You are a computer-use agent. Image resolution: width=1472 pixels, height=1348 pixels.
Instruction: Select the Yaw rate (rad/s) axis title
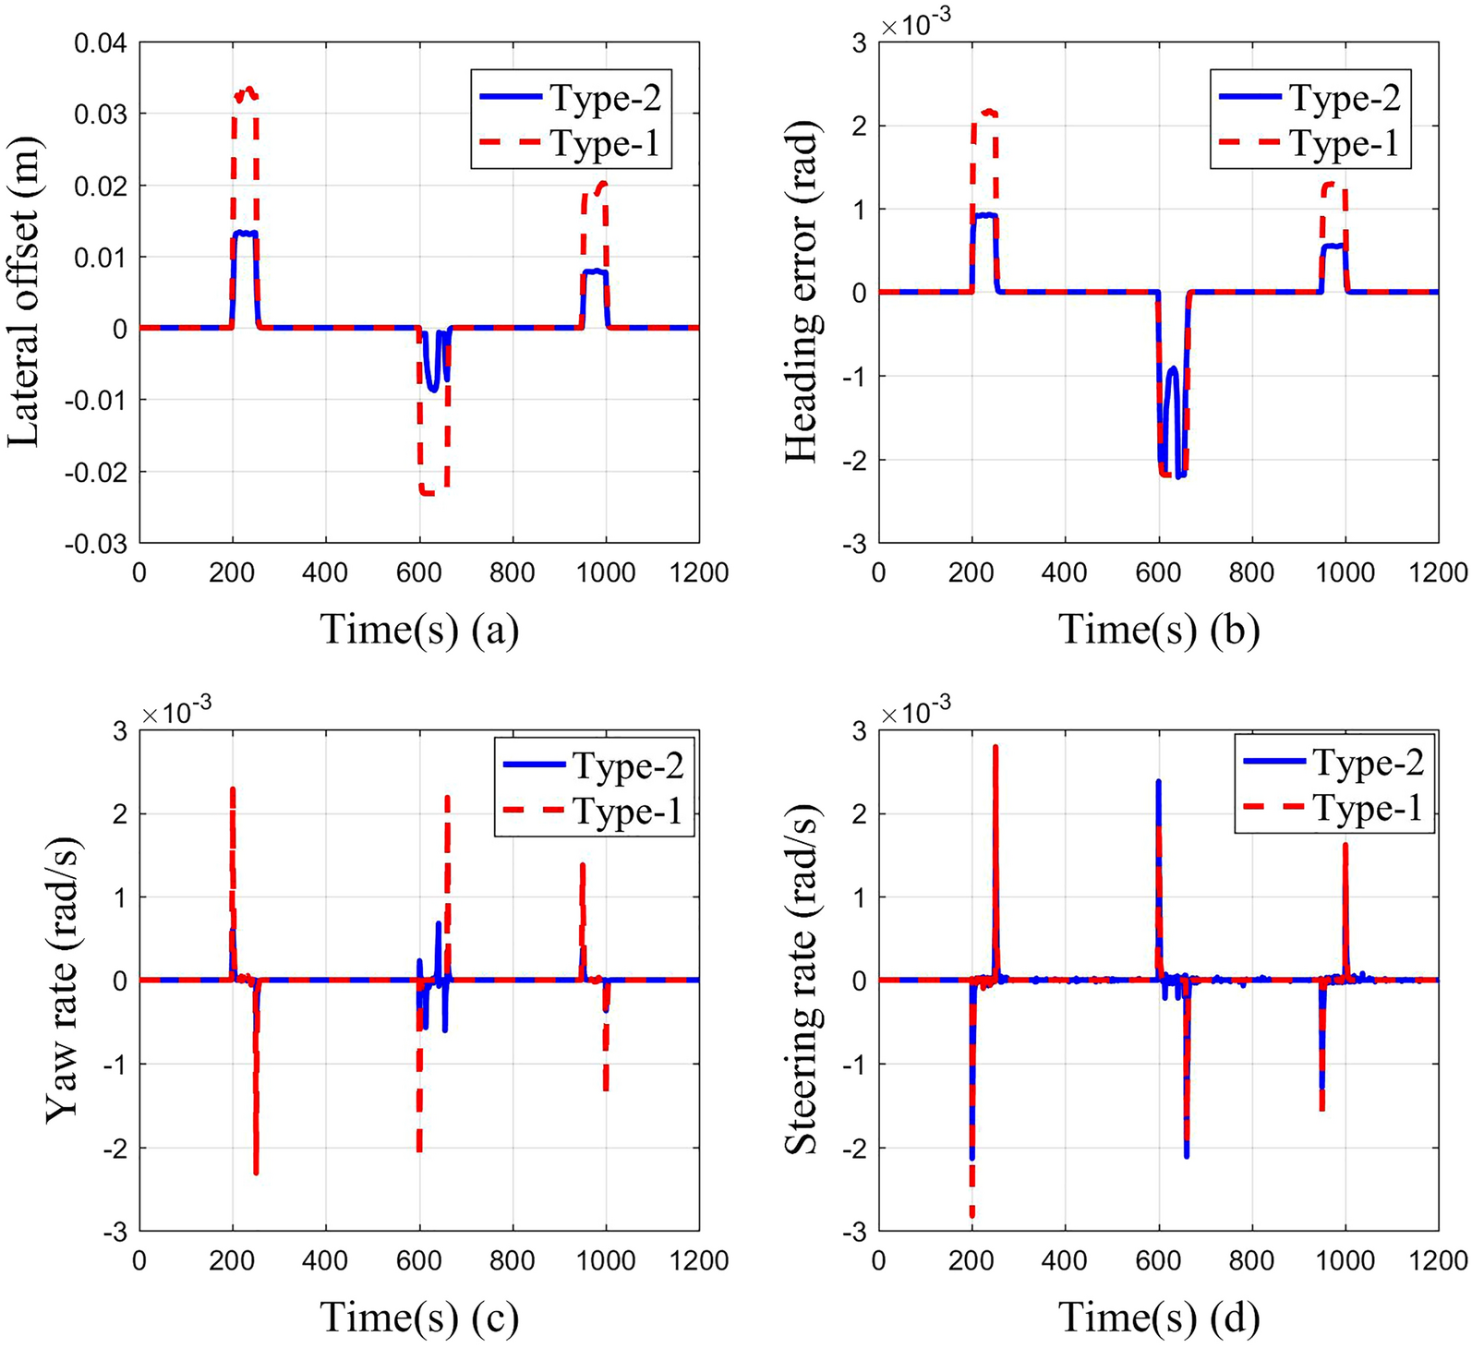pyautogui.click(x=63, y=981)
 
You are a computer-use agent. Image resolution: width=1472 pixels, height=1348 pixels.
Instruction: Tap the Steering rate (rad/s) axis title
pyautogui.click(x=802, y=981)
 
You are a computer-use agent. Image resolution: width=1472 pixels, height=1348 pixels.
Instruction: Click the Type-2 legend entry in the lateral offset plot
pyautogui.click(x=571, y=97)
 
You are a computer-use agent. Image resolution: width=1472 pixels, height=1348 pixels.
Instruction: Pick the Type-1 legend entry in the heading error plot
pyautogui.click(x=1311, y=143)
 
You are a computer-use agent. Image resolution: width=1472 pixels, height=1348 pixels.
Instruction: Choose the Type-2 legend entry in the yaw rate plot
pyautogui.click(x=594, y=765)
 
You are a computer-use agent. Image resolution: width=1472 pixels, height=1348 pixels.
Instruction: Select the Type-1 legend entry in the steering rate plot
pyautogui.click(x=1334, y=808)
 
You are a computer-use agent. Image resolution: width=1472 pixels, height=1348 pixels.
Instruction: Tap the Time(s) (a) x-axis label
pyautogui.click(x=419, y=630)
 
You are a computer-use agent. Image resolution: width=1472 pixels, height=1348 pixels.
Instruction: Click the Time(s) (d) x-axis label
pyautogui.click(x=1159, y=1318)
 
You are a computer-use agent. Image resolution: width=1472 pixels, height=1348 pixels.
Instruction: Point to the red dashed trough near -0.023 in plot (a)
pyautogui.click(x=430, y=493)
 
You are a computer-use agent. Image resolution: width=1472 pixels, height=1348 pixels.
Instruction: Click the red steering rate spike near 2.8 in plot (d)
pyautogui.click(x=995, y=748)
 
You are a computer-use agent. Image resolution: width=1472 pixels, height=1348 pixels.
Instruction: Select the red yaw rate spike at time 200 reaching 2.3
pyautogui.click(x=233, y=790)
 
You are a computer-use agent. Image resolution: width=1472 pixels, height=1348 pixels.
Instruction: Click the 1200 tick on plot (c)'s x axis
pyautogui.click(x=699, y=1260)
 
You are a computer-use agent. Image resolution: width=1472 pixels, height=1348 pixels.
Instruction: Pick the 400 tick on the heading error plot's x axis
pyautogui.click(x=1065, y=572)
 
